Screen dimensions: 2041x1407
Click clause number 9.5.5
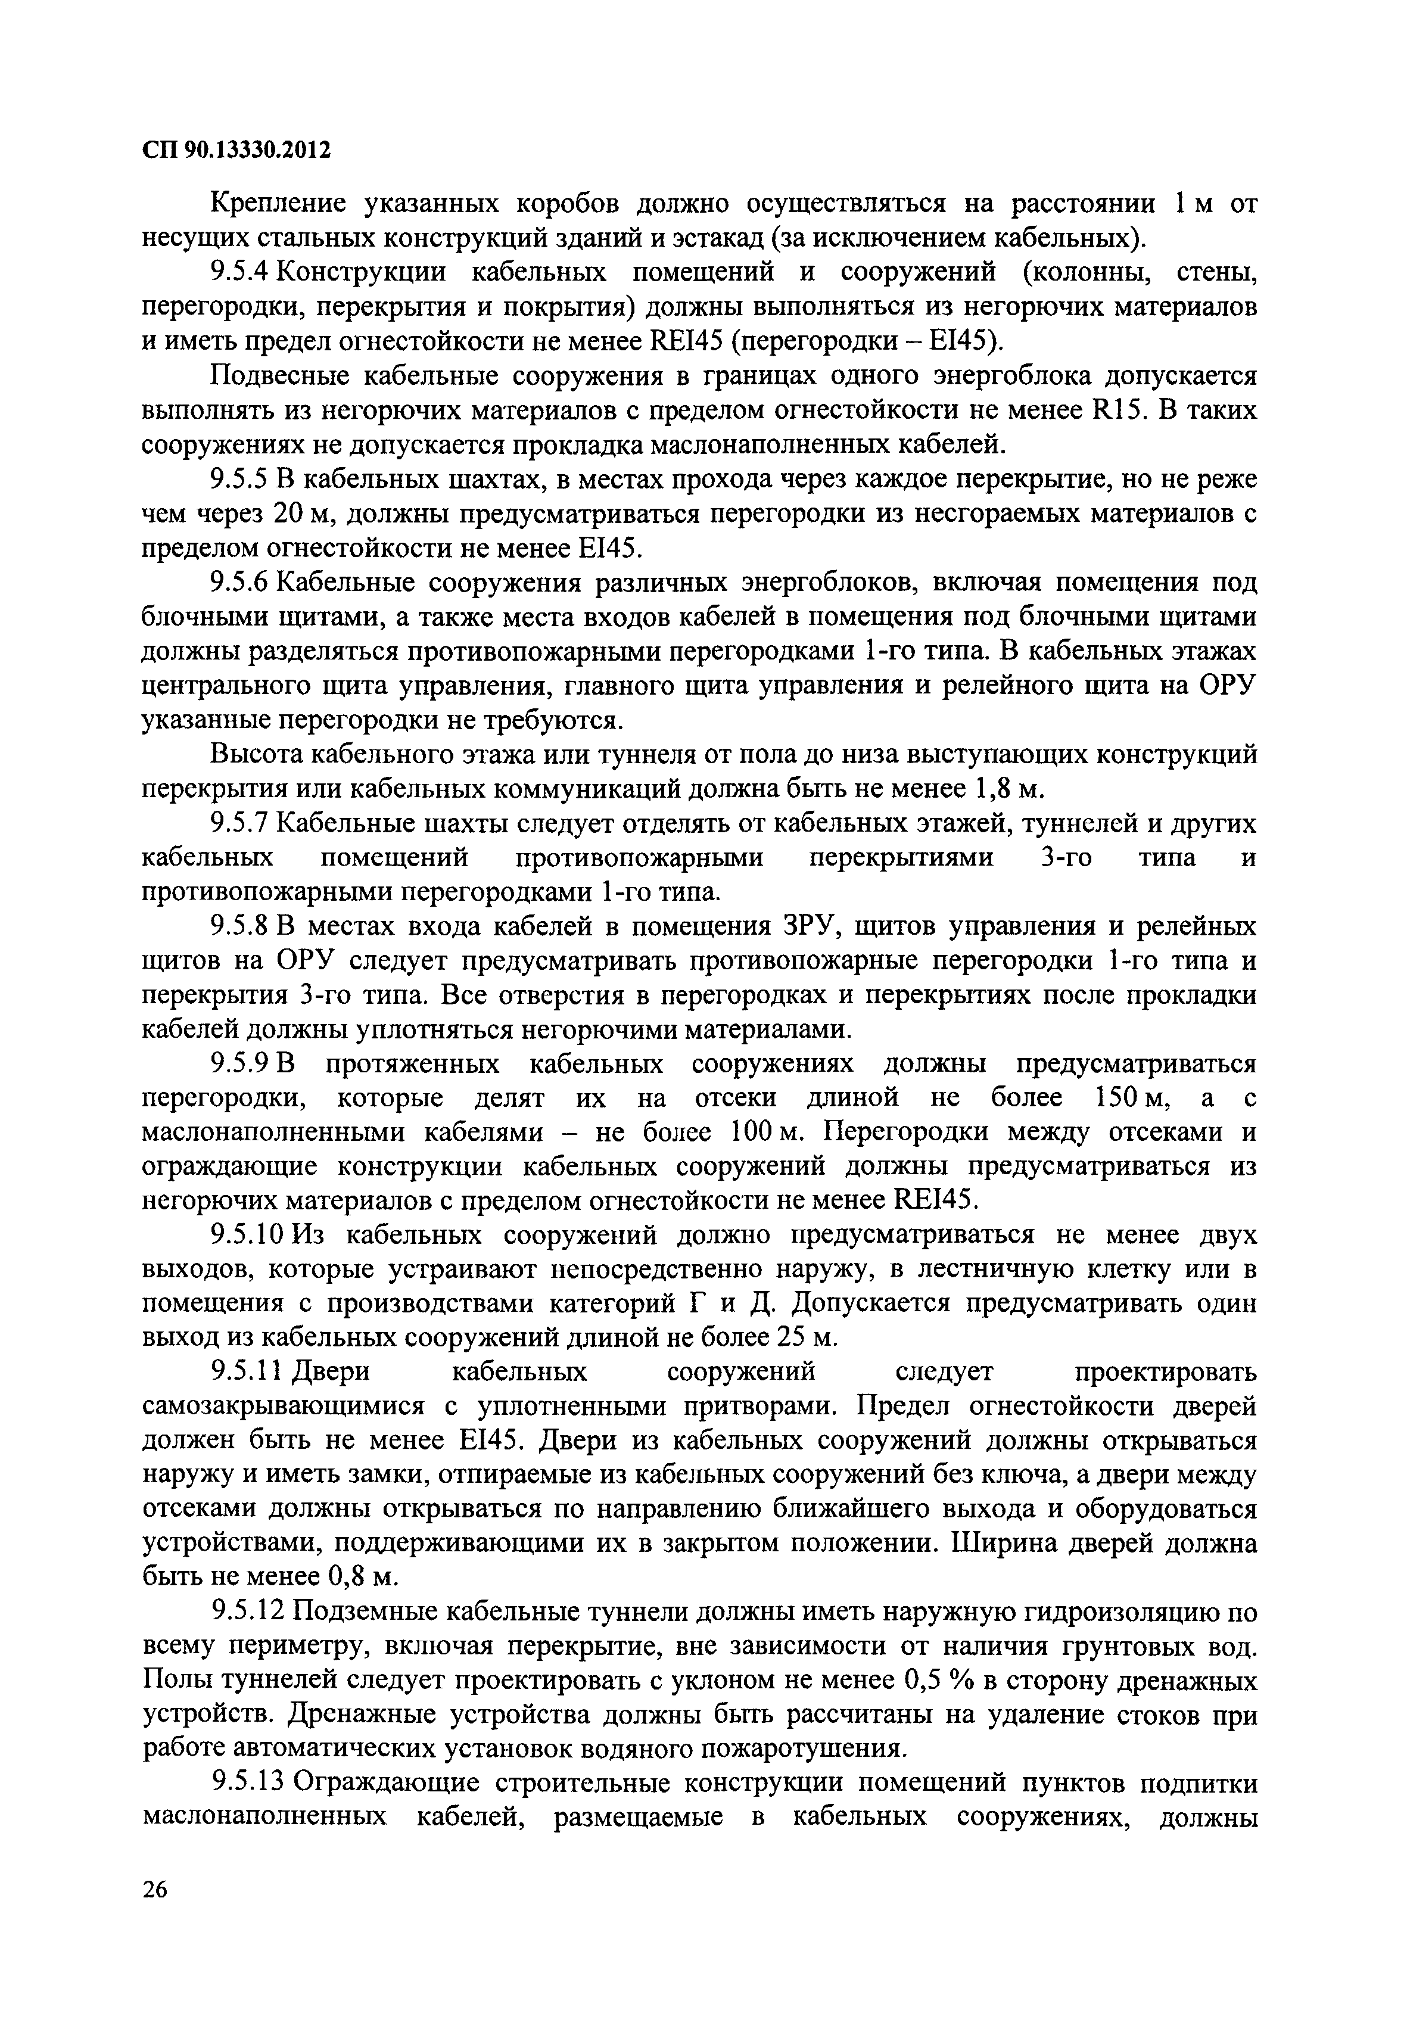(x=242, y=480)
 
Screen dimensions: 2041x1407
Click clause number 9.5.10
(x=248, y=1236)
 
